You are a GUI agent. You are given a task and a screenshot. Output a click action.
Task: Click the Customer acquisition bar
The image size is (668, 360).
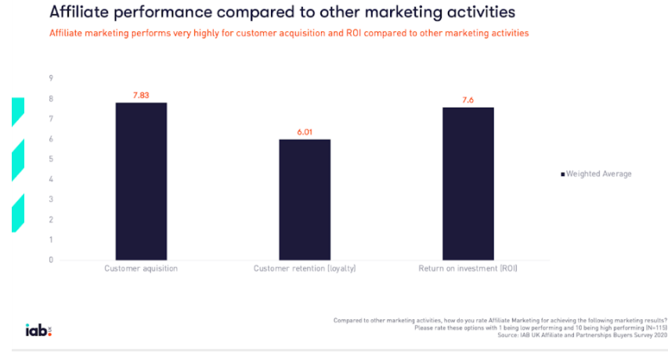coord(141,182)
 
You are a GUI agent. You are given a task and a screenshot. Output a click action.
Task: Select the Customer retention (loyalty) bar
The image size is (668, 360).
coord(305,200)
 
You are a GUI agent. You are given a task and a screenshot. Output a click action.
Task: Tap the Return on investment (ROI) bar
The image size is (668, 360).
coord(468,184)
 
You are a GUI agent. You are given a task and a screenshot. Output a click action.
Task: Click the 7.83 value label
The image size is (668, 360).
coord(141,95)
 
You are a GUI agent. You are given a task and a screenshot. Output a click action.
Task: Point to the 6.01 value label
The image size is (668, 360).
coord(305,131)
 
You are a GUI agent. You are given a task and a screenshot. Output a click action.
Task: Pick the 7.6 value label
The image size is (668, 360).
coord(468,99)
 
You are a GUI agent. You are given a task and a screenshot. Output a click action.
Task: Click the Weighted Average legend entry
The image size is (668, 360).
coord(596,174)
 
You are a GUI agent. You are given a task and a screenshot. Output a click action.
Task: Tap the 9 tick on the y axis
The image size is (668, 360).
coord(51,78)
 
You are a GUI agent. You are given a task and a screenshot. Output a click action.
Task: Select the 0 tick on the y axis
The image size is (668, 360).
coord(51,260)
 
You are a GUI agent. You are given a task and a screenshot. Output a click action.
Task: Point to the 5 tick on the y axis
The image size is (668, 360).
coord(51,159)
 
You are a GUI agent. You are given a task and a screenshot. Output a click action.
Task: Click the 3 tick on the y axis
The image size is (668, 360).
coord(51,200)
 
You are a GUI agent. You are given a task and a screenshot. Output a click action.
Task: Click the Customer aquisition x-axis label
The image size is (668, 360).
coord(141,269)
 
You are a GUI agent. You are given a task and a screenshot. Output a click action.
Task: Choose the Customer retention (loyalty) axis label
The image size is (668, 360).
coord(305,269)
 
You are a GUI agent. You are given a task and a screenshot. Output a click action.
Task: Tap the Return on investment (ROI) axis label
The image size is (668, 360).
coord(468,269)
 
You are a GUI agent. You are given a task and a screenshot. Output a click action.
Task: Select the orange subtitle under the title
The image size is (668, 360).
coord(289,34)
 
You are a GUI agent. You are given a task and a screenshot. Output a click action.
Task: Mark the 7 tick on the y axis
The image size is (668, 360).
coord(51,119)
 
